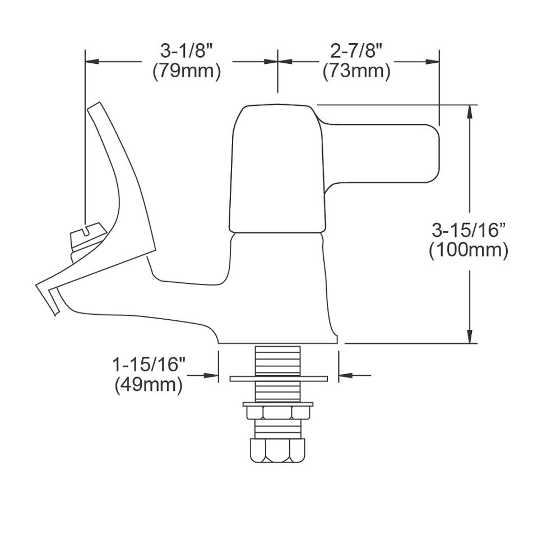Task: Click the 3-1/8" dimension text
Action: tap(187, 51)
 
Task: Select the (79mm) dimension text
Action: tap(187, 72)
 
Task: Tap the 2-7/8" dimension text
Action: tap(356, 51)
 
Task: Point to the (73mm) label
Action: tap(356, 72)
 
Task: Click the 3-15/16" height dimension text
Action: tap(469, 230)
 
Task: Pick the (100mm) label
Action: tap(469, 250)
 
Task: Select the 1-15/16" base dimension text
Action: tap(149, 365)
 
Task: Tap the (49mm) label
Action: tap(149, 385)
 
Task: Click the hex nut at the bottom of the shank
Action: tap(278, 450)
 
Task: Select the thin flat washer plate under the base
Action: tap(278, 379)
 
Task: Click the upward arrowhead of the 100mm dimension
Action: tap(470, 111)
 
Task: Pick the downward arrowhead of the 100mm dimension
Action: tap(470, 337)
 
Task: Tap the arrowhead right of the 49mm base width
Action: tap(345, 375)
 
